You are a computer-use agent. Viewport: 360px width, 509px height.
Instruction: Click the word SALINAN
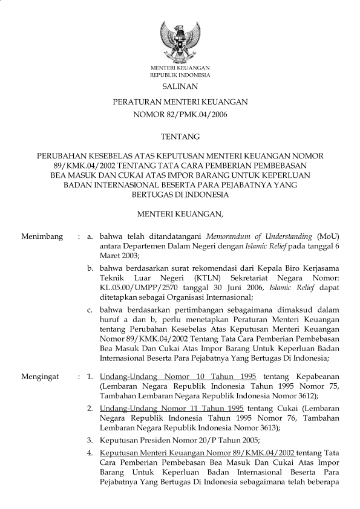pyautogui.click(x=180, y=88)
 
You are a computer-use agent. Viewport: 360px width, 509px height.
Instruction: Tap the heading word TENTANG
pyautogui.click(x=180, y=137)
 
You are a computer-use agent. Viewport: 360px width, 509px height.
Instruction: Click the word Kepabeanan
pyautogui.click(x=315, y=375)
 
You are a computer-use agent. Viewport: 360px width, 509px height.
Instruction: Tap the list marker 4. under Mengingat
pyautogui.click(x=89, y=452)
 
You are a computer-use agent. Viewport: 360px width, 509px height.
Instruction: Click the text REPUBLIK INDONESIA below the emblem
pyautogui.click(x=180, y=76)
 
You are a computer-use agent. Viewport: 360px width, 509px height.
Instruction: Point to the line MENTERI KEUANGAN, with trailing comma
pyautogui.click(x=180, y=213)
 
